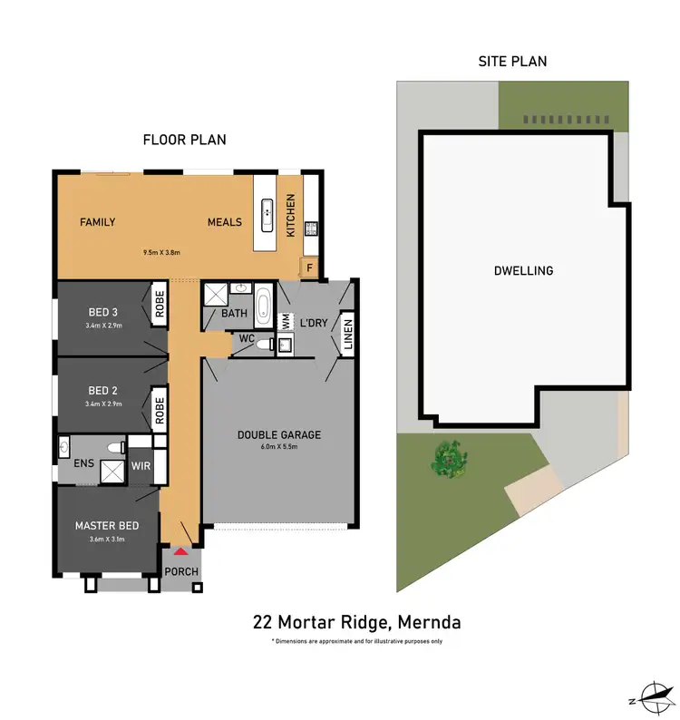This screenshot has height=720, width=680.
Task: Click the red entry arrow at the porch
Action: click(180, 550)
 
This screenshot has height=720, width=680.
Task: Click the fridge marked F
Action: click(309, 268)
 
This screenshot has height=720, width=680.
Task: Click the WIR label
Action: click(141, 465)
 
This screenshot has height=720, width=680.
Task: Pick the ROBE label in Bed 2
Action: click(159, 409)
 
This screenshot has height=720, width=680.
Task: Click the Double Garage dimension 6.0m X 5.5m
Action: click(279, 446)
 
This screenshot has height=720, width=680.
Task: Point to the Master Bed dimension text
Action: click(107, 540)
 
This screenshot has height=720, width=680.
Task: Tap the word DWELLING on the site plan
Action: click(523, 270)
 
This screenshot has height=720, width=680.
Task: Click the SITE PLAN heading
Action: click(512, 62)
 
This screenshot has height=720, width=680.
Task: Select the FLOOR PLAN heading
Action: click(184, 140)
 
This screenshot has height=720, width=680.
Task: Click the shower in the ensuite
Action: click(112, 471)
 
